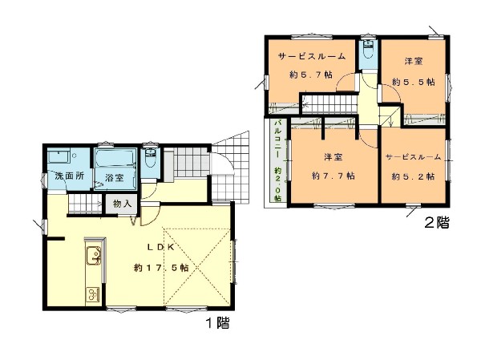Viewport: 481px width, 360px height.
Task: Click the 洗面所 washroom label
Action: [70, 176]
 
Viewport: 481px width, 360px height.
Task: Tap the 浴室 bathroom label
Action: [114, 177]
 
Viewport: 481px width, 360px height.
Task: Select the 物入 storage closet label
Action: [122, 204]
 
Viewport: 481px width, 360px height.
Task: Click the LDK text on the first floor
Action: [161, 247]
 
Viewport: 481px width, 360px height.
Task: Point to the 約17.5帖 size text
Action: [161, 268]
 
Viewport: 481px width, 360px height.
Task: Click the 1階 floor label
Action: [217, 323]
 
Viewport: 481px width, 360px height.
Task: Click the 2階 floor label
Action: [437, 223]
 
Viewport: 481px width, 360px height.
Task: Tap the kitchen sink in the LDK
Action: [94, 256]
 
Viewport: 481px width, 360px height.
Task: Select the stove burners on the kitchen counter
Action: [93, 294]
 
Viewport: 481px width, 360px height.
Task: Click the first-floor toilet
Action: [150, 158]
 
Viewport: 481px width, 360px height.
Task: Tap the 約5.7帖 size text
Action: [311, 75]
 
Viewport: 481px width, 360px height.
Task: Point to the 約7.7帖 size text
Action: [333, 176]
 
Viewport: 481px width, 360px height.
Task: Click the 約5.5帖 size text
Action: [414, 82]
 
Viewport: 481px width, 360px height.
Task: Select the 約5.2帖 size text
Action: [413, 176]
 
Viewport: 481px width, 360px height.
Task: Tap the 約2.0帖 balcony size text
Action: [278, 184]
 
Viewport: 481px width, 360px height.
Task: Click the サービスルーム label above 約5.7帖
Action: [312, 56]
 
